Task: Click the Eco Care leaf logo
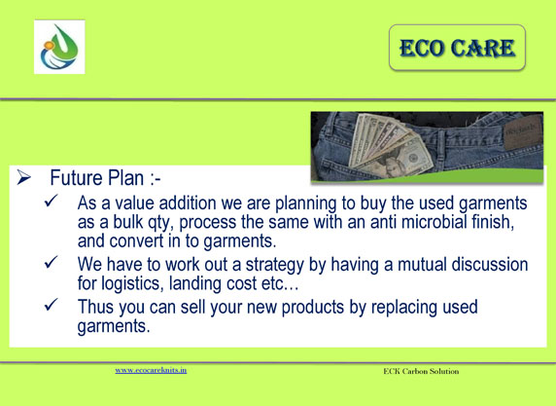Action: click(x=59, y=47)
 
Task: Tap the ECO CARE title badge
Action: click(x=457, y=48)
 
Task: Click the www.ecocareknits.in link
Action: click(x=151, y=370)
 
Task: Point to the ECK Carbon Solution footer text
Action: click(x=421, y=371)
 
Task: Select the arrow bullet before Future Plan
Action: click(x=23, y=177)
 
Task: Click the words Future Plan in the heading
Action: click(x=97, y=177)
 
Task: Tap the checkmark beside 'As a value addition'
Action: click(x=52, y=201)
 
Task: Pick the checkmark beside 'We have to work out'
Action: click(x=52, y=262)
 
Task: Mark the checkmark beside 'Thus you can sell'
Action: click(x=52, y=305)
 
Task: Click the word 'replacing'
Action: click(x=404, y=308)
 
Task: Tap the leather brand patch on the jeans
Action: click(x=523, y=131)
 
